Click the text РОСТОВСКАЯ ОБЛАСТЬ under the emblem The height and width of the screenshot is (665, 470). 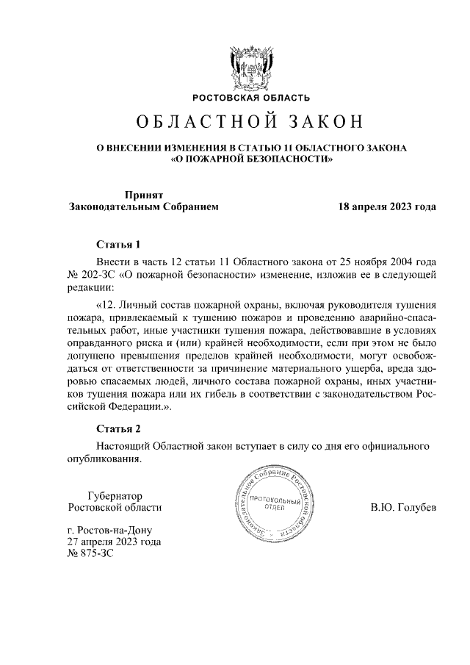251,98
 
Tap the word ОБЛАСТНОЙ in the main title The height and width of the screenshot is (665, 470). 193,121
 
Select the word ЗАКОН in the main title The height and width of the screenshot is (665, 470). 323,121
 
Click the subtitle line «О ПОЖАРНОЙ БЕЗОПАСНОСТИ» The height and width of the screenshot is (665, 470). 251,159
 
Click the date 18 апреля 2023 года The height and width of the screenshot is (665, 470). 386,207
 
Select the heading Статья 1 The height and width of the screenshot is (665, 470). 117,244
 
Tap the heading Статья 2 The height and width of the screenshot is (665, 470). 117,428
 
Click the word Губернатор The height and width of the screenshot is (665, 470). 114,495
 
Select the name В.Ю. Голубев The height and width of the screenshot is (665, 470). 403,508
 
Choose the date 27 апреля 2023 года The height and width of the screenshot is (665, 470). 114,543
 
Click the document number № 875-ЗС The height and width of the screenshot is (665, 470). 91,556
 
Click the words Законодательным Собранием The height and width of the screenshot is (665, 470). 143,207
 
